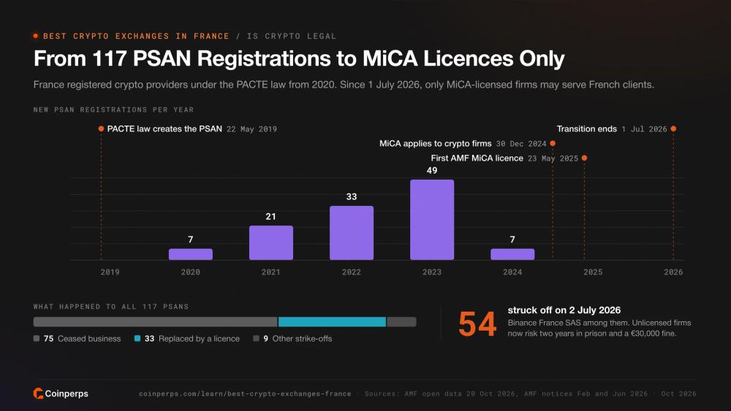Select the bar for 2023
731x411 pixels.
432,220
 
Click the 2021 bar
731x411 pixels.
271,242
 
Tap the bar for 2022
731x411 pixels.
352,233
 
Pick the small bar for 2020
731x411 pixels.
191,254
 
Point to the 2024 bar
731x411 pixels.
512,254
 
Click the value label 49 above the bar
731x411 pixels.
432,170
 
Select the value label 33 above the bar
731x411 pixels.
352,196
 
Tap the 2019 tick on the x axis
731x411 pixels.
110,272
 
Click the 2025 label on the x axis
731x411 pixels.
593,272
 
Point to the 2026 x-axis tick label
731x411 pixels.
673,272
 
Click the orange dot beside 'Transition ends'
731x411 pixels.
673,128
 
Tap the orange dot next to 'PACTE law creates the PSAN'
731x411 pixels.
101,128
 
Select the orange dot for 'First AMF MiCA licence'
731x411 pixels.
584,158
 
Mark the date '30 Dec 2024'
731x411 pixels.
521,144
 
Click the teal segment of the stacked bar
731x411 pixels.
332,322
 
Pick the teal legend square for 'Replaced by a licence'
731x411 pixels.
137,339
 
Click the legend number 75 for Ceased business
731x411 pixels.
48,339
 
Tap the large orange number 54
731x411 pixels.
477,324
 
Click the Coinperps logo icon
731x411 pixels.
38,393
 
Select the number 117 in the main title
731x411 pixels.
110,58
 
